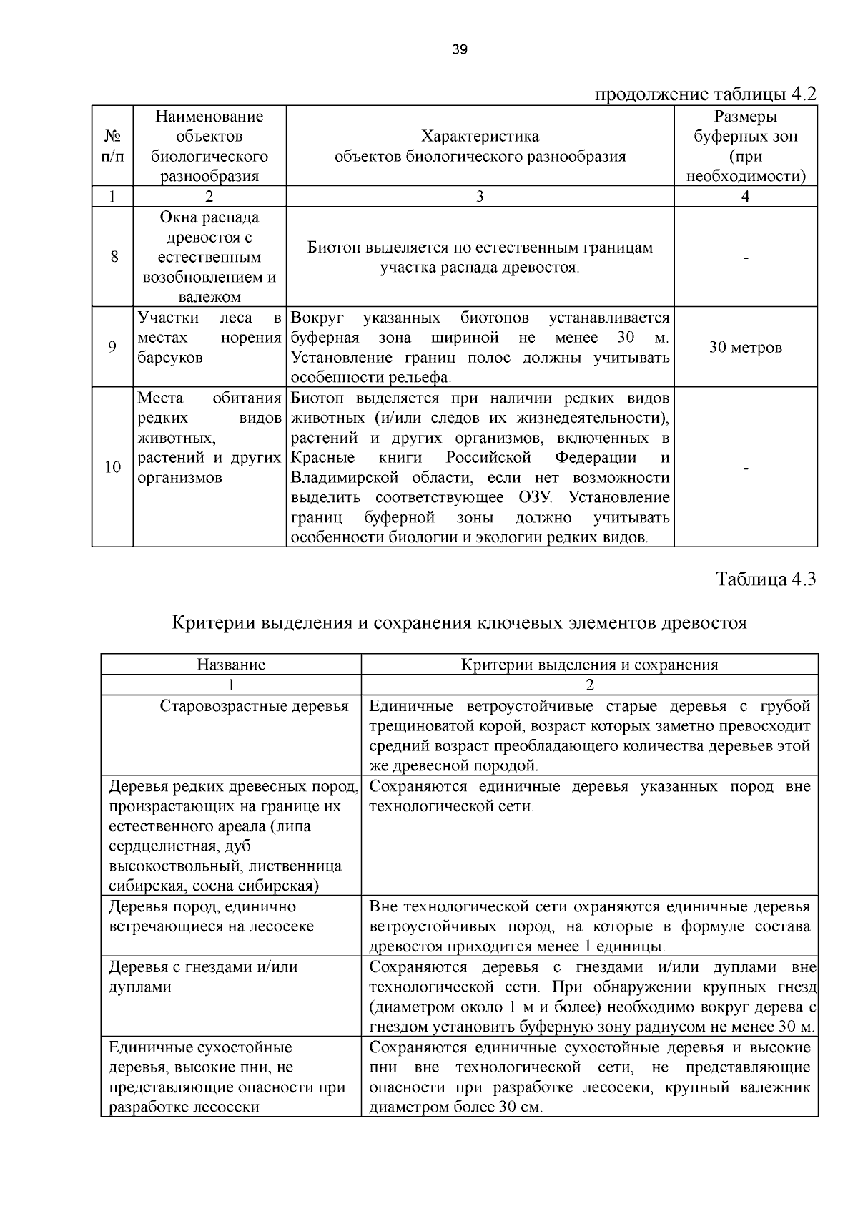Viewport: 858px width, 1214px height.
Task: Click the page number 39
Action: pyautogui.click(x=460, y=49)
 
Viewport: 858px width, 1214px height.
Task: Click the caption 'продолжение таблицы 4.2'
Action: pyautogui.click(x=705, y=94)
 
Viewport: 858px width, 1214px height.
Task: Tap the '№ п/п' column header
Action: pyautogui.click(x=112, y=146)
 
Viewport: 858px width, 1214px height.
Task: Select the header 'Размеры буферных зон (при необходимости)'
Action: pyautogui.click(x=746, y=146)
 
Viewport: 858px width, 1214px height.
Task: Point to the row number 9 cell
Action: pyautogui.click(x=112, y=347)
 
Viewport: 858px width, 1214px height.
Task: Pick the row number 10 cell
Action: pyautogui.click(x=112, y=467)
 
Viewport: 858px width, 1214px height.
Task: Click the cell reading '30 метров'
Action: pyautogui.click(x=746, y=348)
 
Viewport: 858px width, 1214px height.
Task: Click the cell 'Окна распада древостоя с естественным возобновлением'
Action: pyautogui.click(x=209, y=257)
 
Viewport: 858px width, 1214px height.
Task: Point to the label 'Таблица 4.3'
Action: pyautogui.click(x=766, y=579)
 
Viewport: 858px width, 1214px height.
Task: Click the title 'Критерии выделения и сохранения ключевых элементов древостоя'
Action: pyautogui.click(x=460, y=622)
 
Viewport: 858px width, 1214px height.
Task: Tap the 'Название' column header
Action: pyautogui.click(x=231, y=664)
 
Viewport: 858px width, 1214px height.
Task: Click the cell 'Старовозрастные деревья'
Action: pyautogui.click(x=254, y=706)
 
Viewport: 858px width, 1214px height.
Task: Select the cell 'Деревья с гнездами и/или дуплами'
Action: pyautogui.click(x=202, y=976)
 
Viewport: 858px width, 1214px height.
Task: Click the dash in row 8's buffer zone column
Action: pyautogui.click(x=746, y=258)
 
